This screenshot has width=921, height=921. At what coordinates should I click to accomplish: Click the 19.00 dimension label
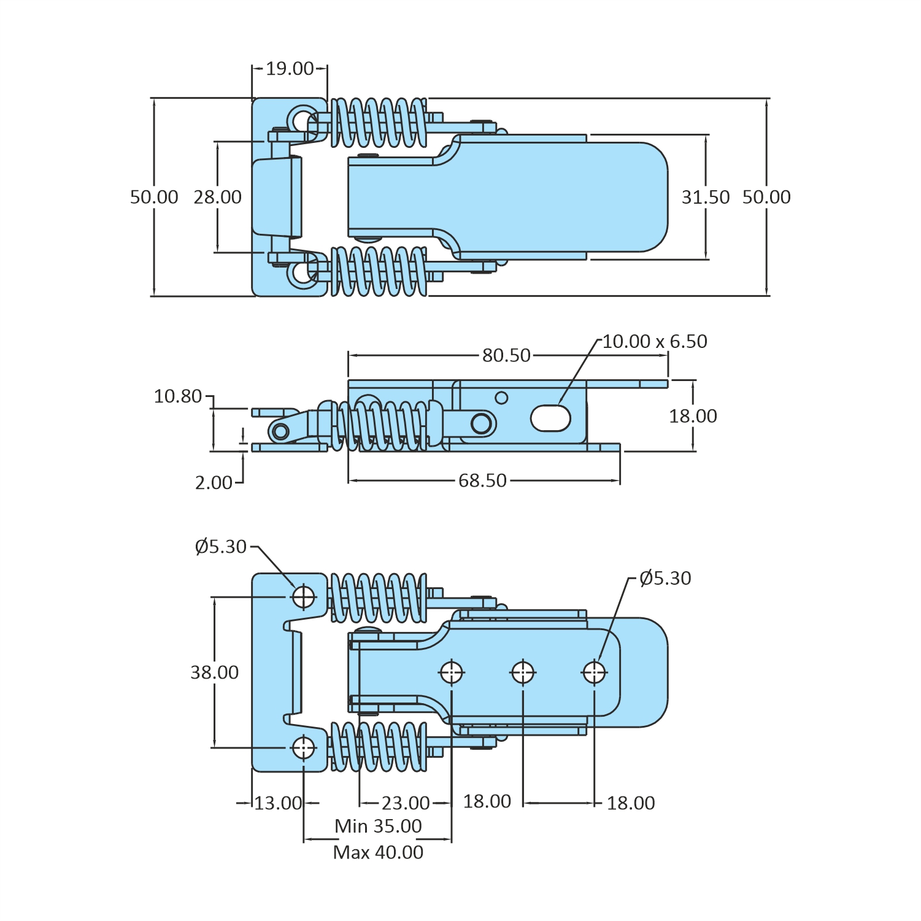290,69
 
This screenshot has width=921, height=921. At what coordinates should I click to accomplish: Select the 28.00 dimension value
218,197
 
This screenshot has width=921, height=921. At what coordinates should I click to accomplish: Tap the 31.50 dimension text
706,197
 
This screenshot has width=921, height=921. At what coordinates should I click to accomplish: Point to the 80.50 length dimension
506,355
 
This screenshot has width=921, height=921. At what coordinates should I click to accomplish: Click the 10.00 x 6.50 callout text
655,341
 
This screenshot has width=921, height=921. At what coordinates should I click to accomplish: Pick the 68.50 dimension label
483,480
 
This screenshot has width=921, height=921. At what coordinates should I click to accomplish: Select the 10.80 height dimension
178,396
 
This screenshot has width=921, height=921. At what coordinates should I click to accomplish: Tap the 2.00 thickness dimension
214,483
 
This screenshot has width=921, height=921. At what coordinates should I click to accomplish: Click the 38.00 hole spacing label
214,672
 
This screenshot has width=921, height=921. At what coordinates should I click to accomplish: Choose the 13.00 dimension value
278,803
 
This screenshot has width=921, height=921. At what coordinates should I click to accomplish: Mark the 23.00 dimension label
406,803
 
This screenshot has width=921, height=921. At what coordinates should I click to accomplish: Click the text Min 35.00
378,827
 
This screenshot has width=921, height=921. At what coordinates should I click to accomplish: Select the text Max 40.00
378,852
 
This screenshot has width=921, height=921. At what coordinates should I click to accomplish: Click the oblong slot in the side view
550,418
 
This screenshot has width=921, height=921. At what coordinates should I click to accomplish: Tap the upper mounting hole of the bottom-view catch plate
304,596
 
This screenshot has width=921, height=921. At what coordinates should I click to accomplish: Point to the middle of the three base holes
523,672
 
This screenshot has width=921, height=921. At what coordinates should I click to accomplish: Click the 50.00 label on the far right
766,197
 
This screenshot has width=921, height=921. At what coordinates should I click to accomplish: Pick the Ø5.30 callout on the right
665,578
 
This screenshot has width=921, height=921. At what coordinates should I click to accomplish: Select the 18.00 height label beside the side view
693,416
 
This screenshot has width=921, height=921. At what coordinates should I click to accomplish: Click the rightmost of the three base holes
594,672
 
